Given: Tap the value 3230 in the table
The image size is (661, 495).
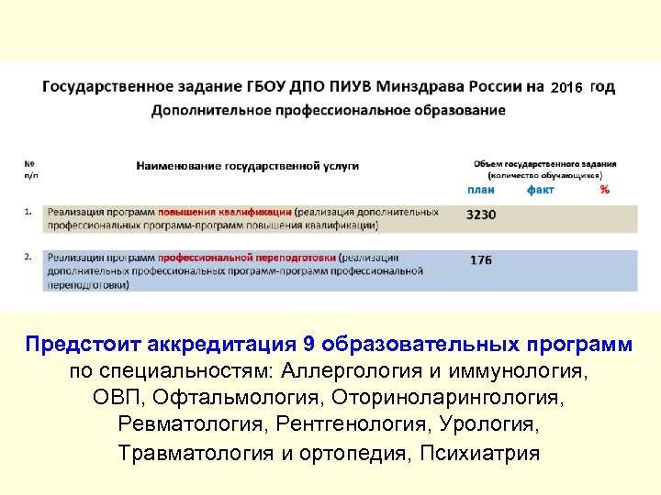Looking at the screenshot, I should [481, 214].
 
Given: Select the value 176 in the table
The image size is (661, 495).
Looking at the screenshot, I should [481, 260].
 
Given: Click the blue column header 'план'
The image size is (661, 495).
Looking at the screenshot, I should [481, 190].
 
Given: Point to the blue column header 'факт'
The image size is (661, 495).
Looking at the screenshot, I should [541, 190].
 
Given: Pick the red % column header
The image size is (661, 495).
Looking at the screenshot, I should [604, 190].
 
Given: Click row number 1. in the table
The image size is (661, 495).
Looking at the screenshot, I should [29, 211].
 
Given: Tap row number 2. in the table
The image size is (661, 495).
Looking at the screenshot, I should [29, 257].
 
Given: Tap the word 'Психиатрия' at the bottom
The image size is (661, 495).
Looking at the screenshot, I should [479, 453].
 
